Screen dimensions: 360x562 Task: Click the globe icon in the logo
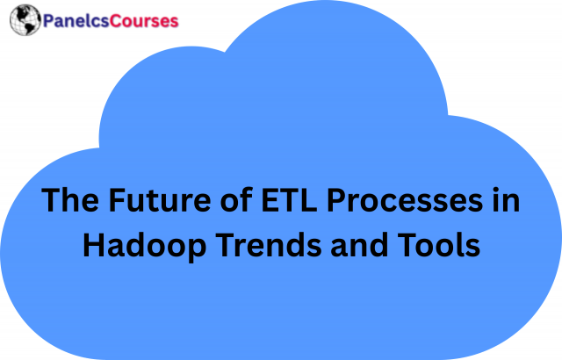click(x=24, y=20)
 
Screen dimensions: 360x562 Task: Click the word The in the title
click(x=68, y=202)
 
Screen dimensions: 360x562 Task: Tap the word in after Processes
click(x=505, y=202)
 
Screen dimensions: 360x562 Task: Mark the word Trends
click(x=265, y=246)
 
